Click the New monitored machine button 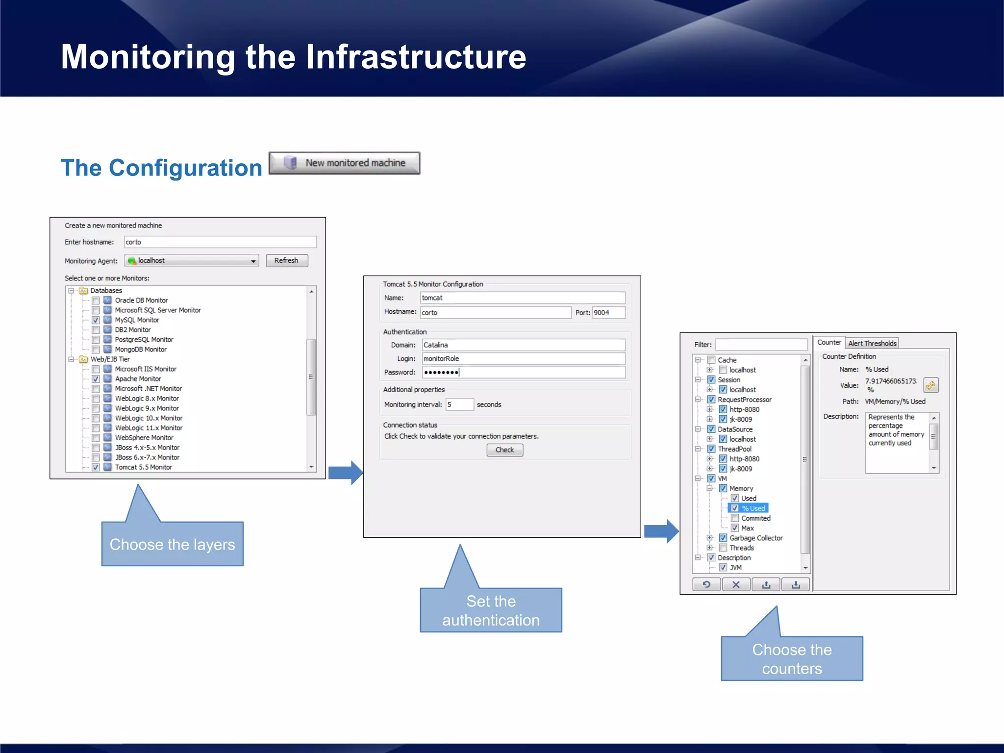[344, 163]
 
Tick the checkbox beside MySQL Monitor [96, 320]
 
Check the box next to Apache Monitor [96, 379]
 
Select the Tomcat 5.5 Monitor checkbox [96, 467]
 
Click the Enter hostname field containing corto [220, 242]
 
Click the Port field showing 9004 [608, 313]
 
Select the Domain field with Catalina [523, 345]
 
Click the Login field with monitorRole [523, 359]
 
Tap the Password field [523, 373]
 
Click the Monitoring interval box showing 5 [459, 405]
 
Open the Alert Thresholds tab [872, 344]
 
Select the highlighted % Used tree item [753, 508]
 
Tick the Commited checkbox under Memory [735, 518]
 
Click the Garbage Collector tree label [756, 538]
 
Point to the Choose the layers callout [172, 544]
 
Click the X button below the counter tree [736, 584]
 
